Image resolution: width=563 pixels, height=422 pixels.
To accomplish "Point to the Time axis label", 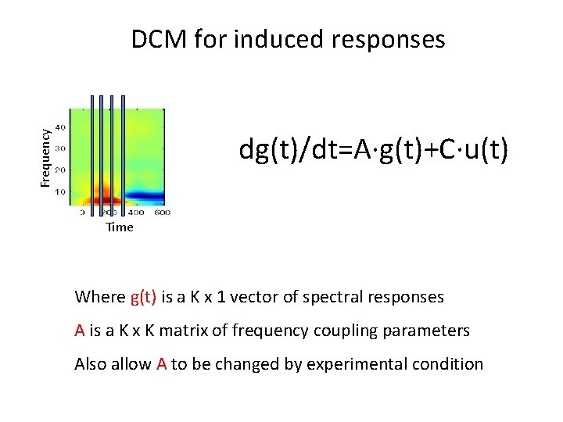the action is pos(120,227).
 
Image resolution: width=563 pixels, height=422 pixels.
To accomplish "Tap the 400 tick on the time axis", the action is pos(135,213).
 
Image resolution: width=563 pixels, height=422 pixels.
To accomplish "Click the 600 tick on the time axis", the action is pos(162,213).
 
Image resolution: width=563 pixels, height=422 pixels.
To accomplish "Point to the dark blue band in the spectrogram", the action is pos(145,195).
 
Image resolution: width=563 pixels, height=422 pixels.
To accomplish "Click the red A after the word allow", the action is pos(162,364).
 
